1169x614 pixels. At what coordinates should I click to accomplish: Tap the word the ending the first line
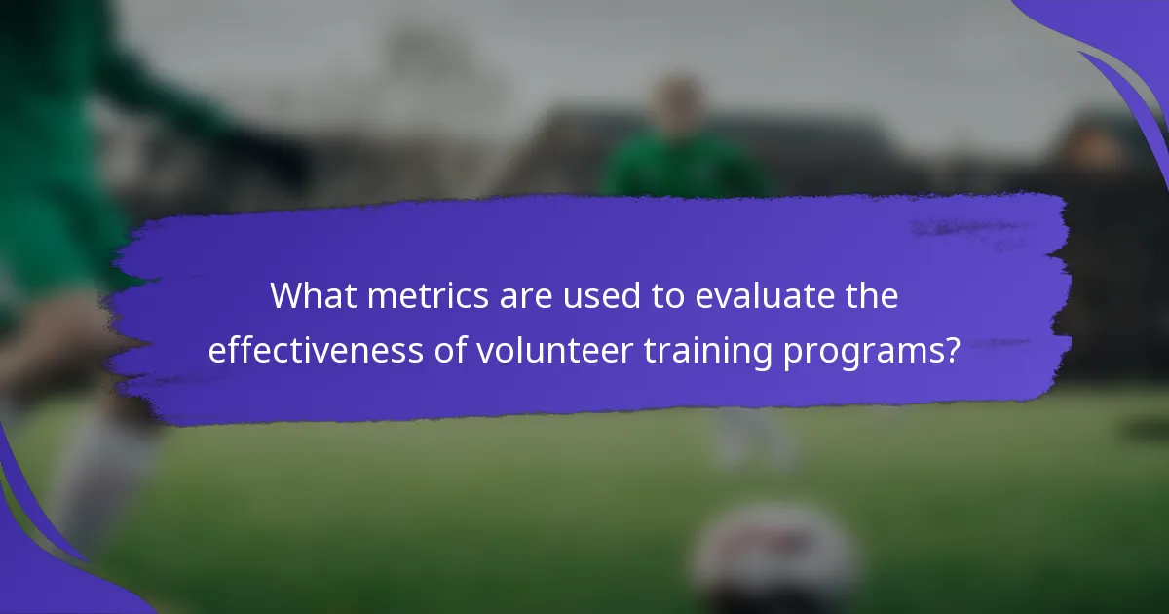click(869, 296)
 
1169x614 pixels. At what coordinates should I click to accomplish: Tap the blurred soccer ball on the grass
click(774, 556)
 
